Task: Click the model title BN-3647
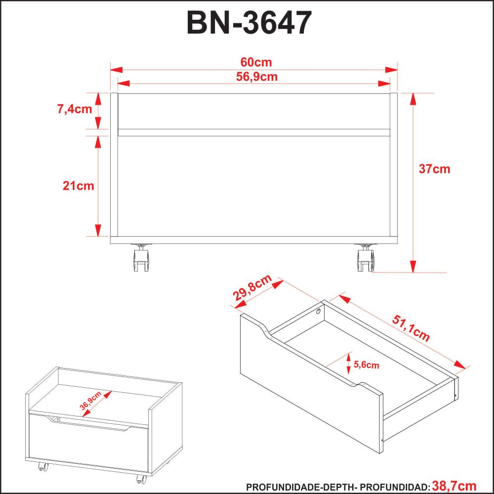(x=249, y=23)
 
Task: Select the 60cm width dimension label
(x=256, y=62)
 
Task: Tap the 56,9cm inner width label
(x=257, y=77)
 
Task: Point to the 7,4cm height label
(x=75, y=109)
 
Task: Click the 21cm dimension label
(x=79, y=186)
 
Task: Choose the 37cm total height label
(x=434, y=169)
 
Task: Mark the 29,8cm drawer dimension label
(x=252, y=288)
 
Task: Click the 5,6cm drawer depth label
(x=367, y=365)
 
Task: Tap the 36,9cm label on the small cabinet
(x=90, y=401)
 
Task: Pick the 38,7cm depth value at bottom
(x=454, y=486)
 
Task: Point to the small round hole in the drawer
(x=319, y=312)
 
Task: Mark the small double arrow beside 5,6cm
(x=348, y=363)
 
